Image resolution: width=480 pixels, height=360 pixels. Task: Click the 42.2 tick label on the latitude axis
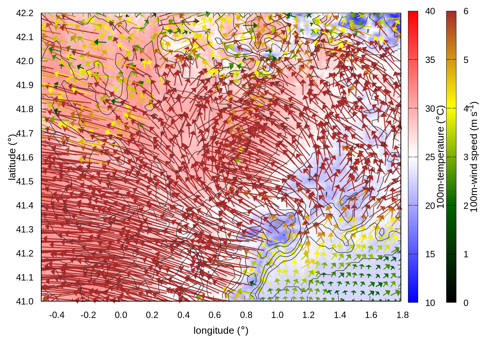(25, 13)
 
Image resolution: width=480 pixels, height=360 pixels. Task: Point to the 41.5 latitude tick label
(25, 181)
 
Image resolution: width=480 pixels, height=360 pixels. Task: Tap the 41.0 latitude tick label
(25, 301)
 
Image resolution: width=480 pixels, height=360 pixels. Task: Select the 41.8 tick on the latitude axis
(25, 109)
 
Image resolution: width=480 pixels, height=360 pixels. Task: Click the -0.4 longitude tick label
(57, 315)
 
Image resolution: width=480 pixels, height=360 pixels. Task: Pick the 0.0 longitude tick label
(121, 315)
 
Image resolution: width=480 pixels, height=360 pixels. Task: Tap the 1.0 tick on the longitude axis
(277, 315)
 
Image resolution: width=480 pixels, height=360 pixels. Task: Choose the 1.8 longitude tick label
(402, 315)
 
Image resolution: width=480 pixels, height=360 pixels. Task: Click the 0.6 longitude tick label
(214, 315)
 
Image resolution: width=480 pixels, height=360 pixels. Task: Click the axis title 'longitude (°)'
(221, 330)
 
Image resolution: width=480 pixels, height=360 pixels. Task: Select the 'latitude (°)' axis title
(12, 157)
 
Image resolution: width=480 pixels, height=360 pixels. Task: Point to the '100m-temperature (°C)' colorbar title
(441, 157)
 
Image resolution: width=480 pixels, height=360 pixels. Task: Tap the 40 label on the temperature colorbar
(430, 12)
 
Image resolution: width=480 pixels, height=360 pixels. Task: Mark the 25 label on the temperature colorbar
(430, 157)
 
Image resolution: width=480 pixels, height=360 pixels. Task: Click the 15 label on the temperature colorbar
(430, 254)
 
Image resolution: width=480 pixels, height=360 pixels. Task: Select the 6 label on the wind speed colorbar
(466, 12)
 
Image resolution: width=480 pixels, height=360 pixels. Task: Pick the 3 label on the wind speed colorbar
(466, 157)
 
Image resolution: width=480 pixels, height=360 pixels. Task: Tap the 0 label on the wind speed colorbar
(466, 303)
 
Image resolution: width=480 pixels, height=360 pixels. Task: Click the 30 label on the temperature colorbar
(430, 109)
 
